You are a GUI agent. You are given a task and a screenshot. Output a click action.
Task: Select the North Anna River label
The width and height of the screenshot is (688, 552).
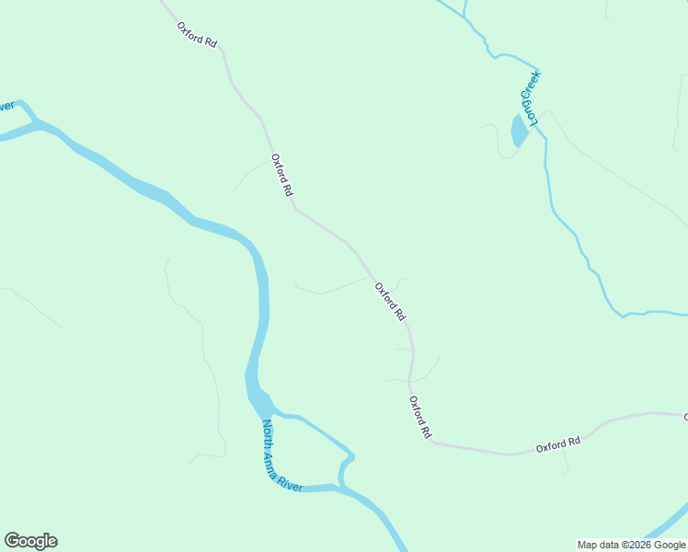coord(283,456)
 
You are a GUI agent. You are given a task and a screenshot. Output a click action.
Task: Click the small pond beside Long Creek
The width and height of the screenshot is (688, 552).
coord(520,132)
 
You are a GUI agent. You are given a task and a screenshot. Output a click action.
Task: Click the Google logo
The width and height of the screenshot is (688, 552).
coord(30,541)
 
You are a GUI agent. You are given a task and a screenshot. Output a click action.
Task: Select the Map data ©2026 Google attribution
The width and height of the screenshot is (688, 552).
coord(631,545)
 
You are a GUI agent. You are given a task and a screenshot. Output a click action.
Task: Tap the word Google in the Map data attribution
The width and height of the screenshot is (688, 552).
coord(669,545)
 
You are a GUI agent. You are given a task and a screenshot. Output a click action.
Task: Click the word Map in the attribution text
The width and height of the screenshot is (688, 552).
coord(588,545)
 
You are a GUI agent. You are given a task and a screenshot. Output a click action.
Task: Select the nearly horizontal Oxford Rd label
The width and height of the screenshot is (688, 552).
coord(558,443)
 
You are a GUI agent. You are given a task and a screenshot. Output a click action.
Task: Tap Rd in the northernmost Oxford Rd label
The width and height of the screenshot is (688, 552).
coord(211,41)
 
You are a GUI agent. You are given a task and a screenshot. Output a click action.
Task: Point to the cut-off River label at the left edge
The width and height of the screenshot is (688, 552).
coord(6,107)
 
